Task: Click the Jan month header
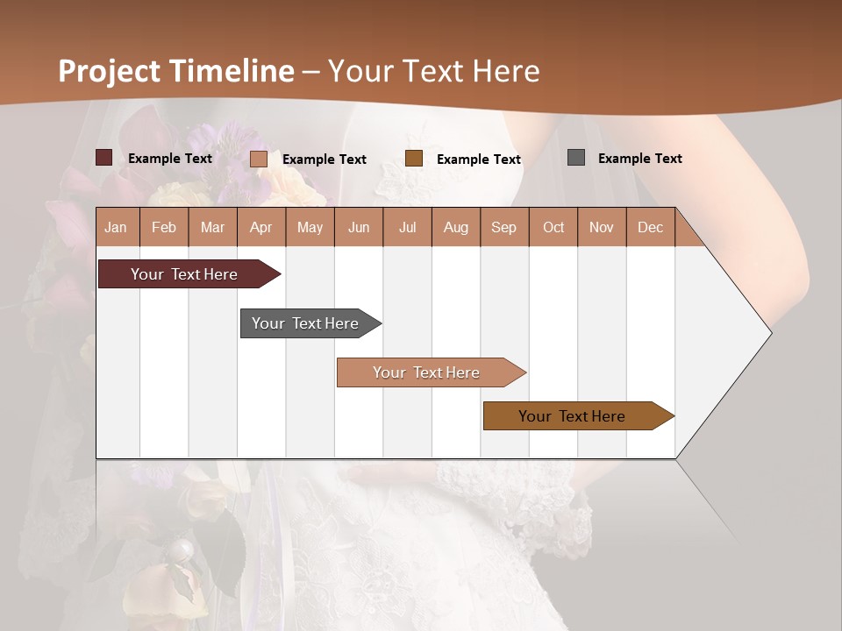click(x=116, y=227)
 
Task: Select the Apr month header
click(x=261, y=227)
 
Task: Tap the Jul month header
click(x=407, y=227)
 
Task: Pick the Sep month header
click(x=503, y=227)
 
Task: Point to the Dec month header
click(x=650, y=227)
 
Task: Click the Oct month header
click(x=553, y=227)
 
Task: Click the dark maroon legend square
click(x=103, y=158)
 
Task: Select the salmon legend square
click(x=258, y=159)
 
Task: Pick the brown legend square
click(x=414, y=158)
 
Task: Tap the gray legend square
click(x=575, y=158)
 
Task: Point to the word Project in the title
click(x=110, y=70)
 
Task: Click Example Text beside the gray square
click(x=639, y=158)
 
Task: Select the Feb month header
click(x=164, y=227)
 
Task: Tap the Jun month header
click(x=359, y=227)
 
